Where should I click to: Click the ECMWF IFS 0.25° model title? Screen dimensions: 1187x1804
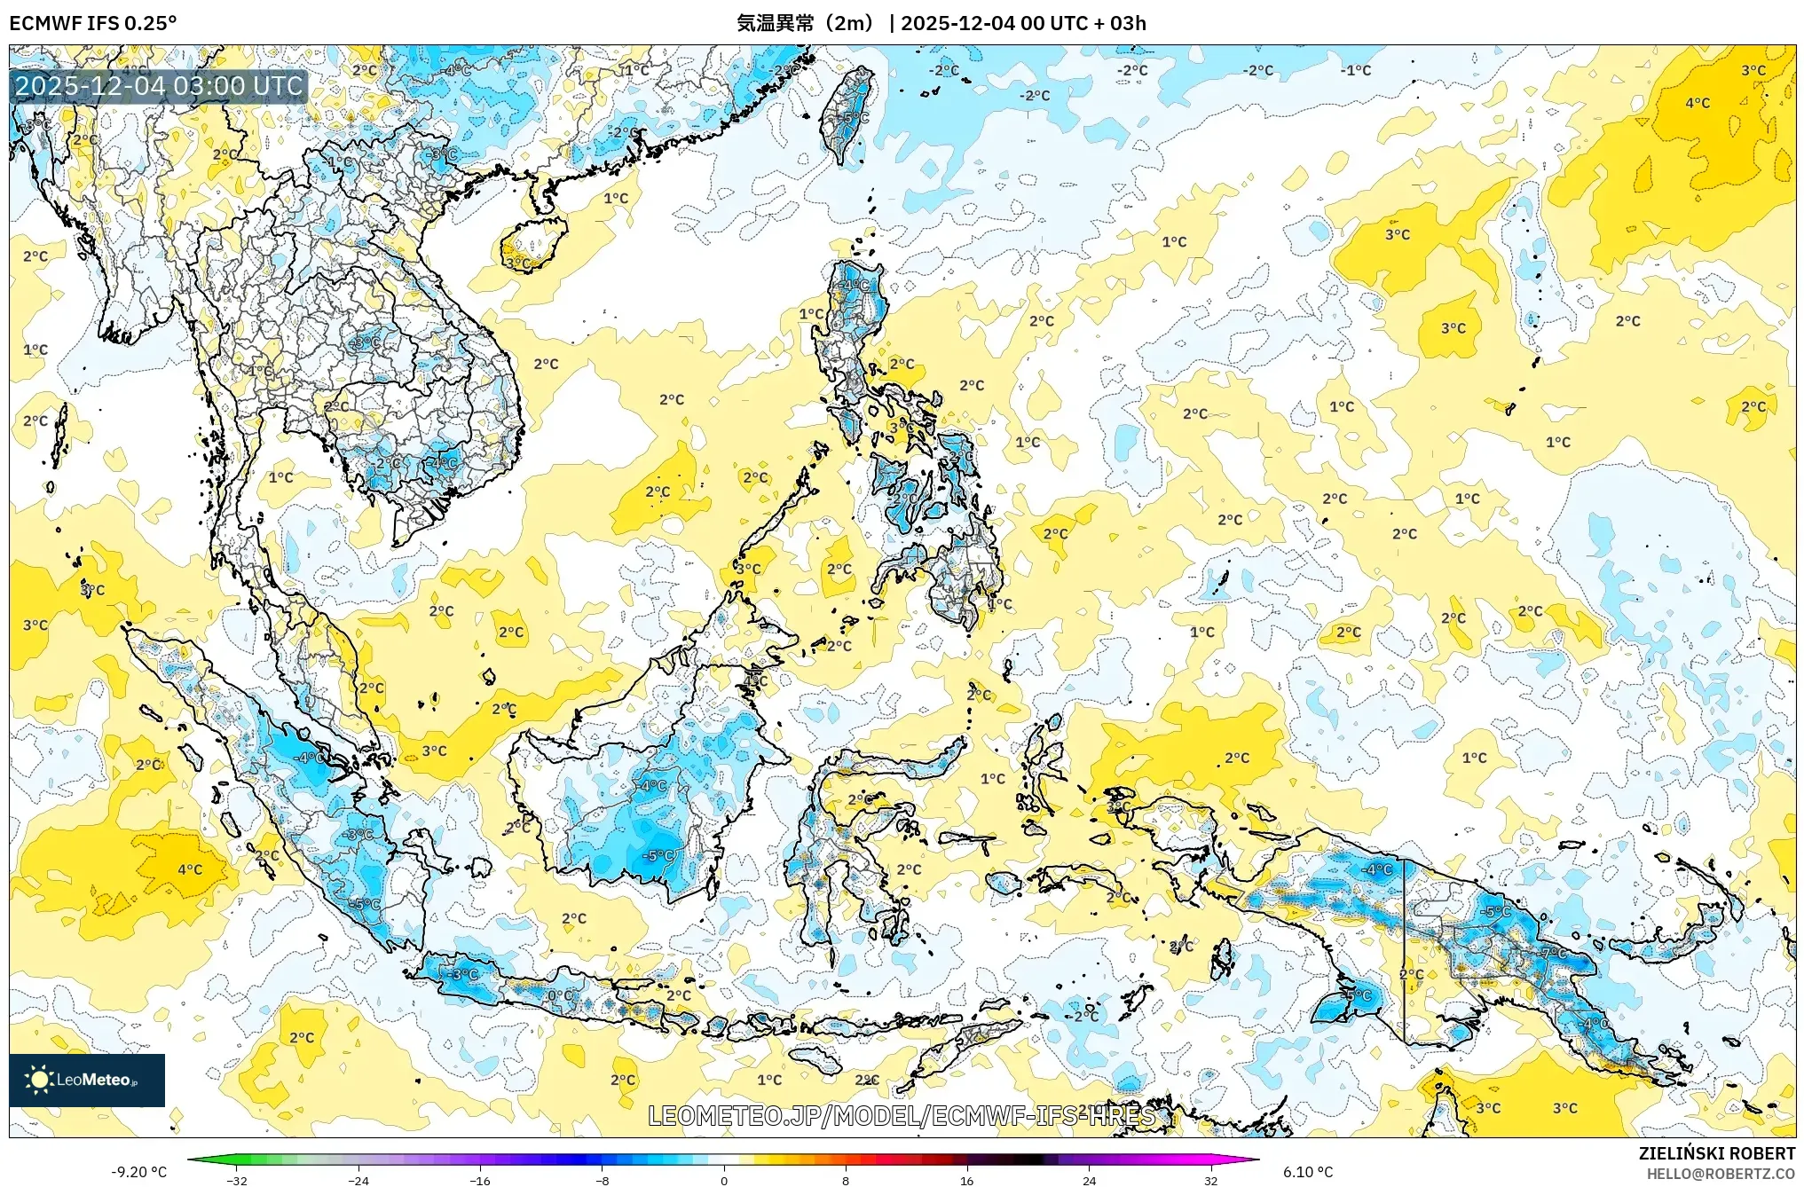pyautogui.click(x=92, y=23)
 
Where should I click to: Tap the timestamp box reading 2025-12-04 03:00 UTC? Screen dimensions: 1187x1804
pyautogui.click(x=159, y=86)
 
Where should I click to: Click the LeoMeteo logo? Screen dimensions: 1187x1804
pyautogui.click(x=86, y=1080)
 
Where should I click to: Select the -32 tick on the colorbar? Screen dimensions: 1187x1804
pyautogui.click(x=237, y=1180)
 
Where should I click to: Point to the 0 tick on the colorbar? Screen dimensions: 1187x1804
pyautogui.click(x=724, y=1180)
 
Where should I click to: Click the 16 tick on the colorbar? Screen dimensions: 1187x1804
pyautogui.click(x=966, y=1180)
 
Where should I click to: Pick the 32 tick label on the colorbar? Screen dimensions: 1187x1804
pyautogui.click(x=1210, y=1180)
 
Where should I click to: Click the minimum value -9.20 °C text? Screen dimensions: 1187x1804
pyautogui.click(x=138, y=1172)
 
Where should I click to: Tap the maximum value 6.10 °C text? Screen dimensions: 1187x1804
pyautogui.click(x=1308, y=1172)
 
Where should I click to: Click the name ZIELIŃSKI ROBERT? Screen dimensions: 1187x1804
pyautogui.click(x=1716, y=1153)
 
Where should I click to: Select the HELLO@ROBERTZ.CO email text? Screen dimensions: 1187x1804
pyautogui.click(x=1721, y=1174)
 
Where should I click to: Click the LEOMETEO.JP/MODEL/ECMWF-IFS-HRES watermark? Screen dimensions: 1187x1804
pyautogui.click(x=902, y=1115)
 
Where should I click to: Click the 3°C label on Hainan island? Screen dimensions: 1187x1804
pyautogui.click(x=518, y=263)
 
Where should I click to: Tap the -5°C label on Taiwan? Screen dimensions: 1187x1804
pyautogui.click(x=855, y=117)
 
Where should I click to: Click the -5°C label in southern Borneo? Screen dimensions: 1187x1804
pyautogui.click(x=658, y=856)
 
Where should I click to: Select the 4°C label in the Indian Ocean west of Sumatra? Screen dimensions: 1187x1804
pyautogui.click(x=190, y=869)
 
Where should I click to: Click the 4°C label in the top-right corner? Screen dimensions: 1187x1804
pyautogui.click(x=1697, y=103)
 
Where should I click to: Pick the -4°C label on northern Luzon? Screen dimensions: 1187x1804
pyautogui.click(x=855, y=286)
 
